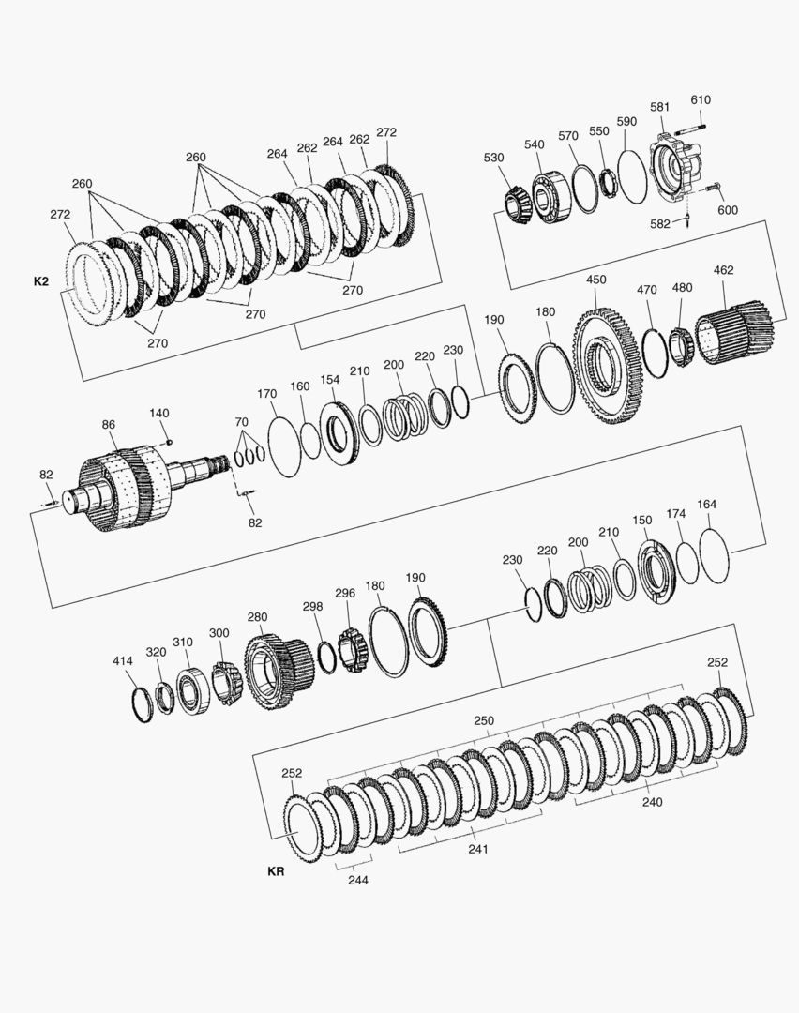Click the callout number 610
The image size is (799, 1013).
point(701,99)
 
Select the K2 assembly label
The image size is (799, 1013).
point(40,281)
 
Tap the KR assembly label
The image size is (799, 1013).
point(276,871)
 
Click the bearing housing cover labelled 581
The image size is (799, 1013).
point(675,168)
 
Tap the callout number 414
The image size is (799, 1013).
point(123,661)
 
